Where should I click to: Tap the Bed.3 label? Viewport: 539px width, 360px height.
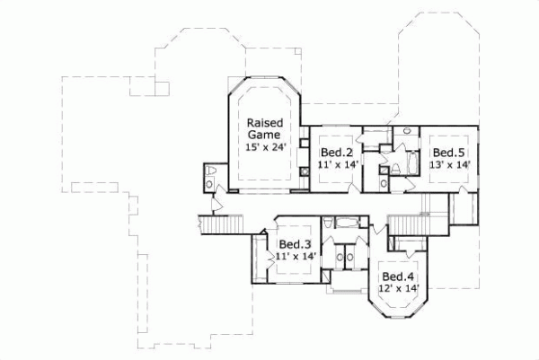click(x=294, y=244)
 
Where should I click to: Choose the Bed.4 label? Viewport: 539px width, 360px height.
click(x=397, y=276)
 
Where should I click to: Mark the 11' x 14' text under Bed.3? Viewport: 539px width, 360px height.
click(x=294, y=257)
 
